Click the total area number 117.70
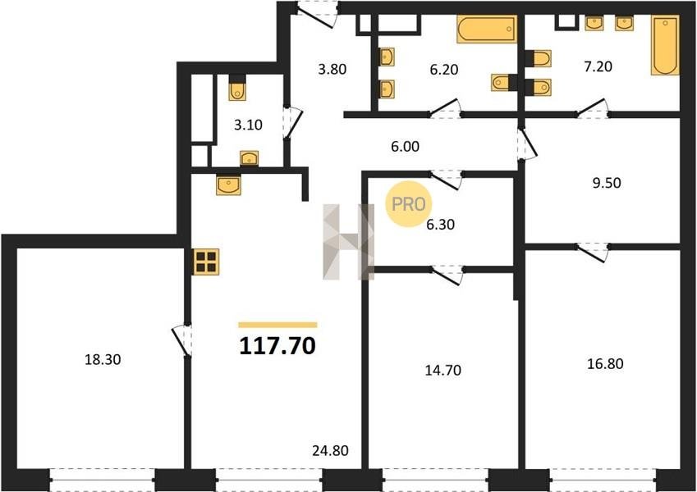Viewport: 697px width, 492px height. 277,345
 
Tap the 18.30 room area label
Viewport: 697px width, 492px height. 103,359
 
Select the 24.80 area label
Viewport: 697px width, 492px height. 330,451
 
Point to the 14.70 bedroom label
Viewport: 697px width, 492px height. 443,370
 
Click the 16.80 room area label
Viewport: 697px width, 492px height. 605,364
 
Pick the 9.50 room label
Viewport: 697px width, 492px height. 607,183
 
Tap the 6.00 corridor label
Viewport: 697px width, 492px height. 405,146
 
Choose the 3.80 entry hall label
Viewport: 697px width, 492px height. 332,69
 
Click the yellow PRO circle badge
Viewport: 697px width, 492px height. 409,204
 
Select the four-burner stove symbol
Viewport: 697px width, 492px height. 206,262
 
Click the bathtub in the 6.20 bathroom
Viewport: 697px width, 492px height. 487,30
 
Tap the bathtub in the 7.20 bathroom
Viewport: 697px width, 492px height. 665,45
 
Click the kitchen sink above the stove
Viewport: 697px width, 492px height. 228,184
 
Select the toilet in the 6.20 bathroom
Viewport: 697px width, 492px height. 502,83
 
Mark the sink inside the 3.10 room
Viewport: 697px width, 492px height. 250,158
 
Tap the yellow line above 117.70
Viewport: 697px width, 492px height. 277,325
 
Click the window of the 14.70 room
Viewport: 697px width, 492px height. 435,480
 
